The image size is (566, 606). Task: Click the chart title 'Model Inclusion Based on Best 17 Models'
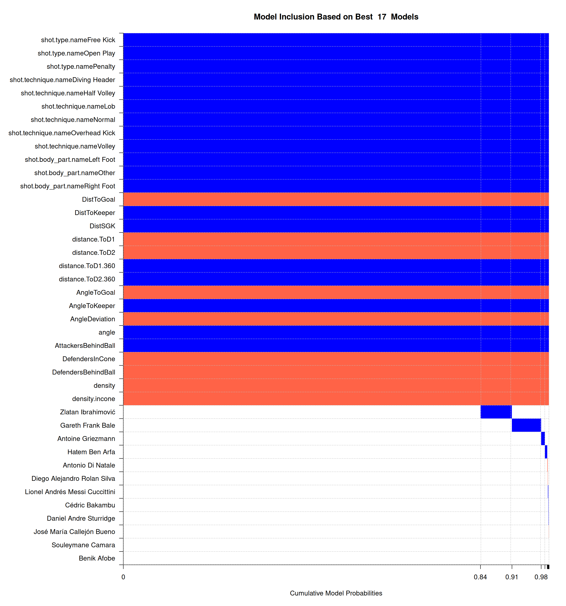coord(336,17)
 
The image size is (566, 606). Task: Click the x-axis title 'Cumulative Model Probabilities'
coord(336,593)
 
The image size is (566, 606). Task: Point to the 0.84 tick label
coord(480,577)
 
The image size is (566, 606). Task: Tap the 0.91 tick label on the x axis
coord(512,577)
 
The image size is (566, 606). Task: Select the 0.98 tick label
coord(541,577)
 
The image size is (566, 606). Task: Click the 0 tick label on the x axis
coord(123,577)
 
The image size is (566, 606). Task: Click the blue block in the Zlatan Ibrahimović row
coord(496,412)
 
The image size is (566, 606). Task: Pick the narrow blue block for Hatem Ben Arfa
coord(546,452)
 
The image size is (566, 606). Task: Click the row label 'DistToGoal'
coord(99,199)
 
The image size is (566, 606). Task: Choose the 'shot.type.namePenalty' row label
coord(81,66)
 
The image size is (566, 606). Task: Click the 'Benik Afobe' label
coord(97,558)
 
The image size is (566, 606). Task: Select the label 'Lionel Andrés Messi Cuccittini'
coord(70,492)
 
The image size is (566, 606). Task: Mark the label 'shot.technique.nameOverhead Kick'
coord(62,133)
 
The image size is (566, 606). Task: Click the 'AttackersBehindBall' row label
coord(85,345)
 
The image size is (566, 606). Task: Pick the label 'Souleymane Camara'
coord(83,545)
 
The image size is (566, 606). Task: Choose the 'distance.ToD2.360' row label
coord(87,279)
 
